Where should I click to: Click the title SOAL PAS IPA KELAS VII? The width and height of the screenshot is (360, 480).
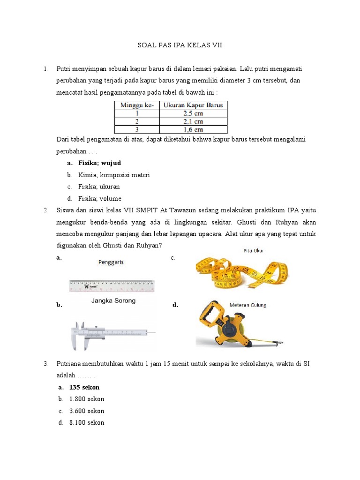[180, 45]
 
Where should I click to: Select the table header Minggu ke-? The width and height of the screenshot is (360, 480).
[137, 105]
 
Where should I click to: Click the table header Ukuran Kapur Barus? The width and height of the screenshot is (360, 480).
[193, 105]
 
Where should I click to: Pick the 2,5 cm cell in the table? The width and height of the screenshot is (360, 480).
[193, 113]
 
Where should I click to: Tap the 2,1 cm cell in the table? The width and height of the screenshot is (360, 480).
[193, 121]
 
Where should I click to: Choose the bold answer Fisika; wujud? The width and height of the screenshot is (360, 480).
[100, 163]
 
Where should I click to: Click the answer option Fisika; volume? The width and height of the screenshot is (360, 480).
[100, 198]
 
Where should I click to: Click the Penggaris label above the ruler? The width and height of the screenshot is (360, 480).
[111, 262]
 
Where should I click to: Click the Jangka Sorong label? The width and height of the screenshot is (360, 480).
[113, 300]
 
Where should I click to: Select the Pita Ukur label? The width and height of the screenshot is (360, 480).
[254, 251]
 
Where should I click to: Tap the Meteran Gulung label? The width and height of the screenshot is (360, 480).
[247, 305]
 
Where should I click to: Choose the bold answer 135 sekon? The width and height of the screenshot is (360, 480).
[84, 388]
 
